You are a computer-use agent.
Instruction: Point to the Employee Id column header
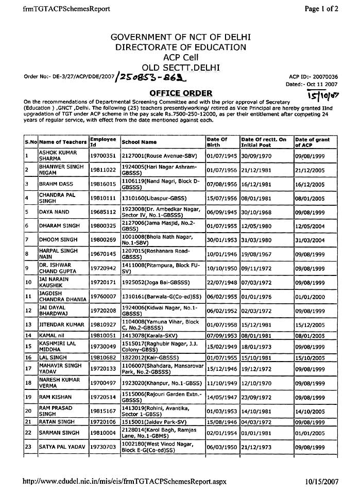point(103,141)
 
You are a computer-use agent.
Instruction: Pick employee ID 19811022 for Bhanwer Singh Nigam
point(103,170)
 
